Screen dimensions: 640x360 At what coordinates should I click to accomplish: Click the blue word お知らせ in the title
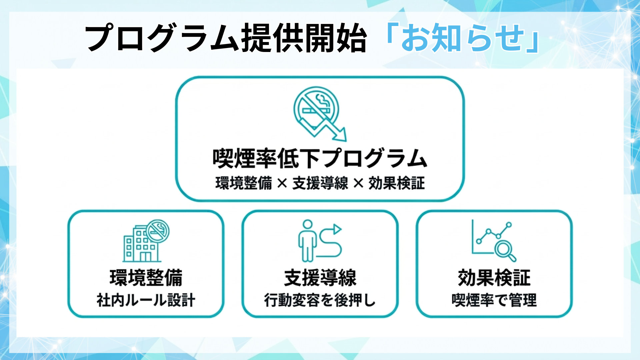point(463,38)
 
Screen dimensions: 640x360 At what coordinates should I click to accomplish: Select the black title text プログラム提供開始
point(226,38)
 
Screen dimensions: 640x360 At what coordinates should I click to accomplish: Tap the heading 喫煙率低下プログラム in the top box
point(320,158)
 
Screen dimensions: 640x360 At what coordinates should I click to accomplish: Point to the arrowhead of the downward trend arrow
point(341,135)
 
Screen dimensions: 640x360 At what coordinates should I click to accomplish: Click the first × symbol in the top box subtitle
point(282,183)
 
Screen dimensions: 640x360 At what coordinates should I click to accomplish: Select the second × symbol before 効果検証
point(358,183)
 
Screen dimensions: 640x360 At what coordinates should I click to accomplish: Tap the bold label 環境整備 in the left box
point(146,278)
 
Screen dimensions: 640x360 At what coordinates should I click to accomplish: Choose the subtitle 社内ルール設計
point(146,300)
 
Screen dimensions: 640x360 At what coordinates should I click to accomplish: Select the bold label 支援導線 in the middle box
point(320,278)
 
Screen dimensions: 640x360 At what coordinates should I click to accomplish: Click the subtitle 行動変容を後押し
point(320,300)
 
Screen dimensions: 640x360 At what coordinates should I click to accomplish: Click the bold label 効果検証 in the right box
point(494,278)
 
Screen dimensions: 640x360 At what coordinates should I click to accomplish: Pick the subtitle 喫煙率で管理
point(494,300)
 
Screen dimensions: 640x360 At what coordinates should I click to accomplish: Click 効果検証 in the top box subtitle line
point(397,183)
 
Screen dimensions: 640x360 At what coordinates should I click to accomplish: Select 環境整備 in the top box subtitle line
point(244,183)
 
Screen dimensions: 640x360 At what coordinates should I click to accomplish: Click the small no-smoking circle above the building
point(158,230)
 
